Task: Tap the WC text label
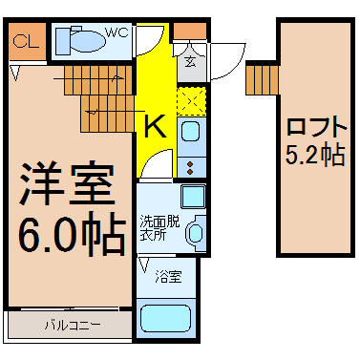pyautogui.click(x=116, y=32)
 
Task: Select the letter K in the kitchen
pyautogui.click(x=153, y=125)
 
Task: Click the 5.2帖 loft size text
pyautogui.click(x=312, y=157)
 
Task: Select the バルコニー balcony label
pyautogui.click(x=70, y=327)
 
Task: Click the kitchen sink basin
pyautogui.click(x=190, y=131)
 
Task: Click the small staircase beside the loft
pyautogui.click(x=259, y=79)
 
